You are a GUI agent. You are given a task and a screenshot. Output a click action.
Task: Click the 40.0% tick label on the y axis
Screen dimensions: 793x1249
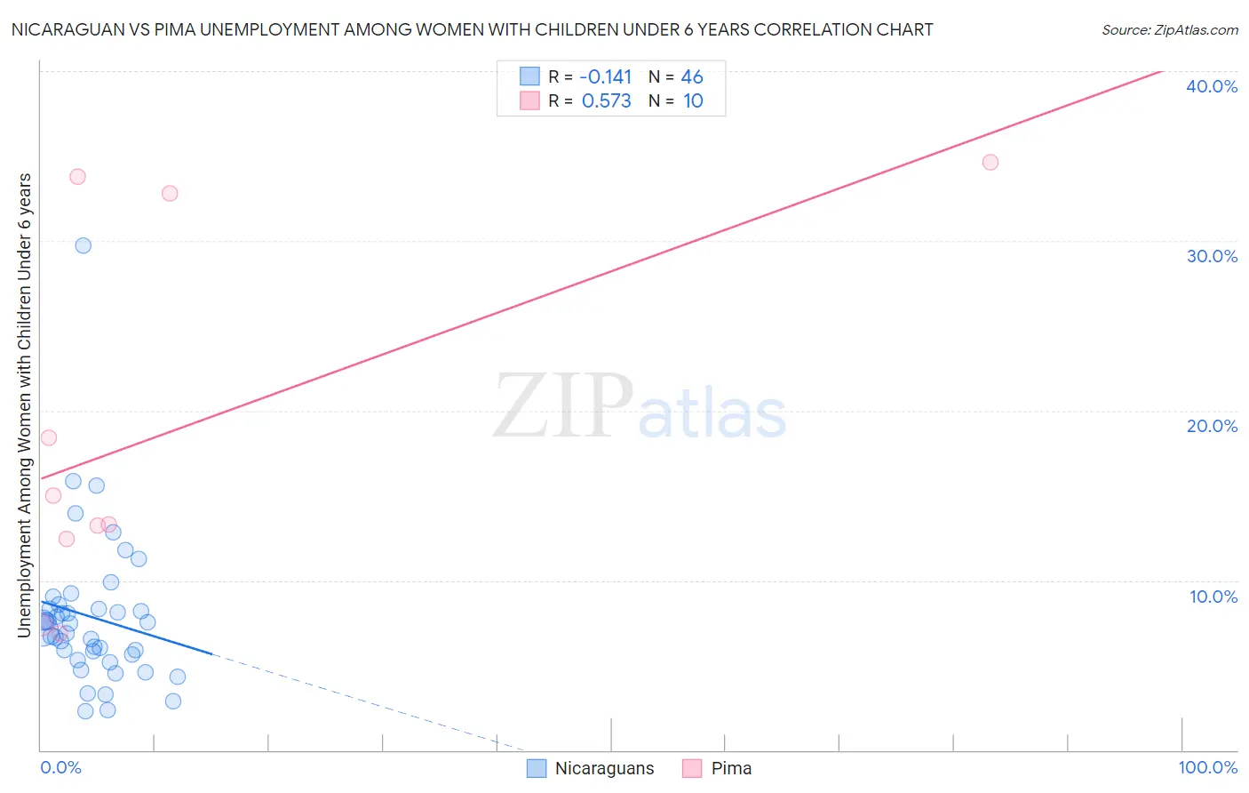(x=1212, y=86)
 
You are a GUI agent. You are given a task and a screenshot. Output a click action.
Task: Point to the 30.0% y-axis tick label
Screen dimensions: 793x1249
(x=1212, y=256)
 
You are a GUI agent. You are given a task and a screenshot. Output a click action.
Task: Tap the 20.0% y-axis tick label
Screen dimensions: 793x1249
(x=1212, y=426)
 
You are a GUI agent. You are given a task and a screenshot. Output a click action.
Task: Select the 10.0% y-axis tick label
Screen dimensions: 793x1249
(x=1213, y=597)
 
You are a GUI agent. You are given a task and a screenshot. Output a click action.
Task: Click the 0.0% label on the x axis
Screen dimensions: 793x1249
(x=60, y=767)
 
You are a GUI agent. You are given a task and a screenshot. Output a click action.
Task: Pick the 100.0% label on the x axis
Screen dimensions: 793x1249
(x=1207, y=767)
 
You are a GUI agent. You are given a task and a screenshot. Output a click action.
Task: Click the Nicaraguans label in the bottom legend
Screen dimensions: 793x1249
(x=604, y=768)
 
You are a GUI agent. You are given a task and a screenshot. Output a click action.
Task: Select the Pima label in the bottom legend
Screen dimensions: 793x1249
(x=731, y=768)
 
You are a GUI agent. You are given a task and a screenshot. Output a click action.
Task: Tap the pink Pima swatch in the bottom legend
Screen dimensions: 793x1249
(x=692, y=768)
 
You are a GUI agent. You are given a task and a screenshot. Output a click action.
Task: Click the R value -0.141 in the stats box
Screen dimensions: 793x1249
(x=605, y=77)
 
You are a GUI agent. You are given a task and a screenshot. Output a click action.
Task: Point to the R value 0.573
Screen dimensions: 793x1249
(x=606, y=101)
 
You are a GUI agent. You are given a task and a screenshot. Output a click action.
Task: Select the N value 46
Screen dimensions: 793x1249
(x=692, y=77)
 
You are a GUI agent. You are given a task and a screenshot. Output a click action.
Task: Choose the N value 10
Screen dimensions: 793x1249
(x=693, y=101)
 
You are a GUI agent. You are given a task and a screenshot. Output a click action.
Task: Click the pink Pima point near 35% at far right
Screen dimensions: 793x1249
(x=990, y=162)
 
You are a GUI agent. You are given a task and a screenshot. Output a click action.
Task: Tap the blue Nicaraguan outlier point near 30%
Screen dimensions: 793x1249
(x=83, y=245)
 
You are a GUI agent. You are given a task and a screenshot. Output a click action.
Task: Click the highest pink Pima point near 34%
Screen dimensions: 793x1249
(x=77, y=176)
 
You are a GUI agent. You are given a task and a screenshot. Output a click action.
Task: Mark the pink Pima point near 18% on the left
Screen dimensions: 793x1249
(x=49, y=437)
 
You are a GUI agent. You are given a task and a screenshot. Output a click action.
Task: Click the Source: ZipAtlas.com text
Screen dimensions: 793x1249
(x=1169, y=30)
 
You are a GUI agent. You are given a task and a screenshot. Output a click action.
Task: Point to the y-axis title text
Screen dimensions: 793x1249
(x=24, y=405)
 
